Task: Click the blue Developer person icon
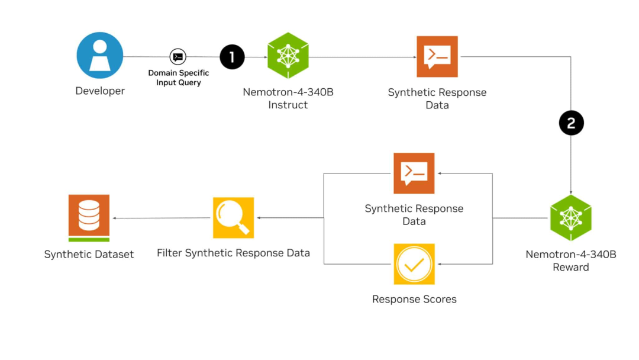(100, 56)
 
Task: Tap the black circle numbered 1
(232, 57)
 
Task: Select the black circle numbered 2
(571, 123)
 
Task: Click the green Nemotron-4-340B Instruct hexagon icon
(288, 56)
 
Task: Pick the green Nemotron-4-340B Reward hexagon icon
(571, 218)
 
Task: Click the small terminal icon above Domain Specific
(177, 57)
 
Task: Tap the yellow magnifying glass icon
(233, 217)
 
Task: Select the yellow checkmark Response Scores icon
(414, 264)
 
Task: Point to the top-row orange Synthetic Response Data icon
(437, 56)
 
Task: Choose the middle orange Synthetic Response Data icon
(414, 173)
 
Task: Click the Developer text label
(100, 91)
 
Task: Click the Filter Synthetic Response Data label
(233, 253)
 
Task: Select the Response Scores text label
(414, 300)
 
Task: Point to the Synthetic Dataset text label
(89, 255)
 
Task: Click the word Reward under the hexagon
(571, 268)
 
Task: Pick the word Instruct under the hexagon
(288, 105)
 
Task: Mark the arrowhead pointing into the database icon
(114, 218)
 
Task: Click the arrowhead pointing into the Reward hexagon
(571, 192)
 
